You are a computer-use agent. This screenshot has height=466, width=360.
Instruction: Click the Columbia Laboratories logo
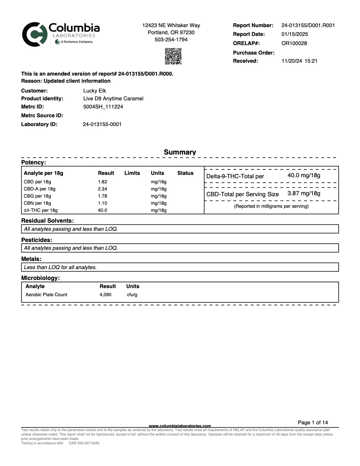coord(61,34)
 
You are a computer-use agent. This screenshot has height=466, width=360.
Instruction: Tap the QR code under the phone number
coord(173,56)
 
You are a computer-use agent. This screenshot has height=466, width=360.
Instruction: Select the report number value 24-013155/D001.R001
coord(308,25)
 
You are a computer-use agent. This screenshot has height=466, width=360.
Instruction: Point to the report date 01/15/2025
coord(295,34)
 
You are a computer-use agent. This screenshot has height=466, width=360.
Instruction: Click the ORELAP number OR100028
coord(294,43)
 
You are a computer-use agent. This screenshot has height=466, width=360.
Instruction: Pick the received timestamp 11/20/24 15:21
coord(299,61)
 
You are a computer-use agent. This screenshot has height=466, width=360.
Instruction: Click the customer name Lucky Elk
coord(95,91)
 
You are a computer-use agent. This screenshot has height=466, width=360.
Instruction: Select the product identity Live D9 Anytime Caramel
coord(113,99)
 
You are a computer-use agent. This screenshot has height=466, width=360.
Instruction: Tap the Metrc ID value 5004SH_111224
coord(103,107)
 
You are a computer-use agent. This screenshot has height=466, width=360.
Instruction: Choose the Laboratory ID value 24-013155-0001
coord(102,124)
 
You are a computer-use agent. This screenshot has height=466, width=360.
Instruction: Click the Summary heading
coord(180,152)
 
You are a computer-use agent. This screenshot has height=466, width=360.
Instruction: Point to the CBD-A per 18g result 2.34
coord(102,189)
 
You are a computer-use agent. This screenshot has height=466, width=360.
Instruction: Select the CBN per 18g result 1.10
coord(102,203)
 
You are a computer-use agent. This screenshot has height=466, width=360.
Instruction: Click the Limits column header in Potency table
coord(132,173)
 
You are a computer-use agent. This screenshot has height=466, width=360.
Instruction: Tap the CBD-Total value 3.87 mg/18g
coord(304,194)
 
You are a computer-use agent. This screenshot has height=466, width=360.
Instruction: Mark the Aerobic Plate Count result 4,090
coord(105,295)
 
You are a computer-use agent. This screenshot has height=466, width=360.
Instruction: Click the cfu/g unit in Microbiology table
coord(132,295)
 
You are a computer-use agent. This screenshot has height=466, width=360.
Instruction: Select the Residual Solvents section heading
coord(47,221)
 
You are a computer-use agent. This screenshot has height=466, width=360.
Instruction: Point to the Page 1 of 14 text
coord(313,423)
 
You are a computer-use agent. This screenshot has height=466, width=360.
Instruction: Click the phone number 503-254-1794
coord(171,40)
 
